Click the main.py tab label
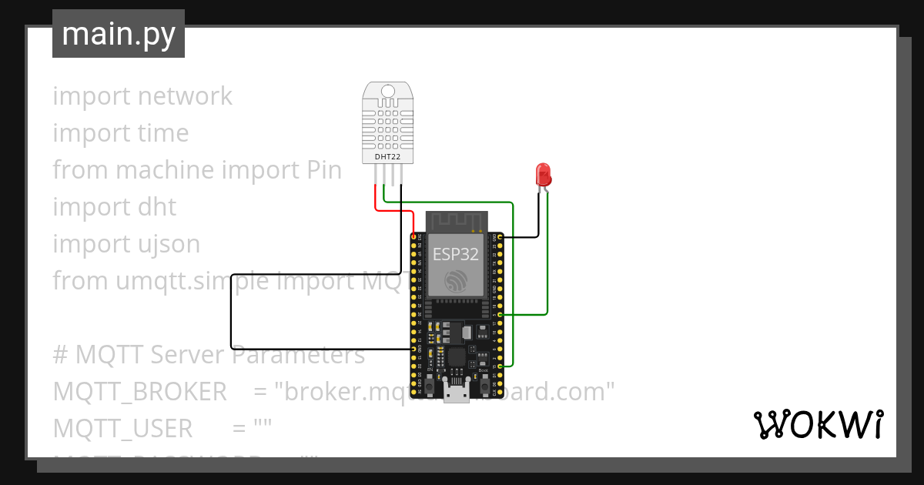[119, 34]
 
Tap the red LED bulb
[544, 172]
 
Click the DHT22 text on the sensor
[387, 157]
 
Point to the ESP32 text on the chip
[455, 254]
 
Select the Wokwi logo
[817, 424]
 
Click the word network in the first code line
[185, 96]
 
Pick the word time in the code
[163, 133]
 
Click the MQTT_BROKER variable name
[139, 392]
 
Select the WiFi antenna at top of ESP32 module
[455, 221]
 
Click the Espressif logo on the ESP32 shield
[455, 280]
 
